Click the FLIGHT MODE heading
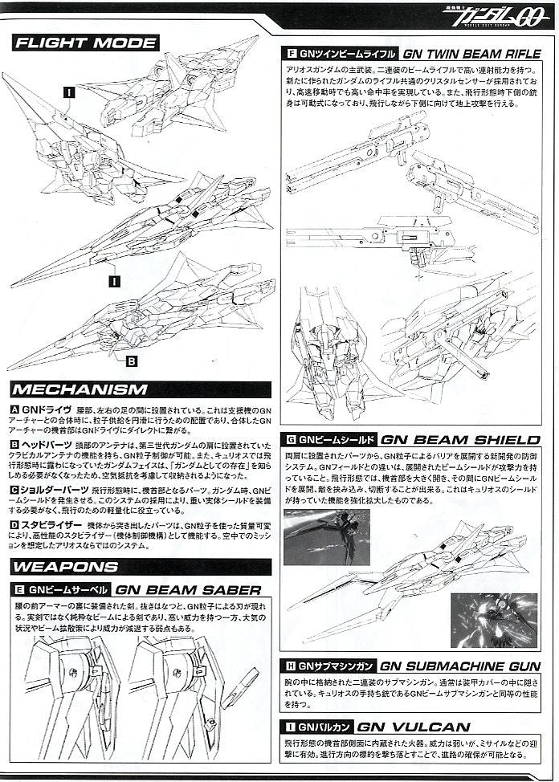click(x=85, y=43)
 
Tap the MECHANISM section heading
click(x=80, y=390)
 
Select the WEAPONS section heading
click(x=67, y=567)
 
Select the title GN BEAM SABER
click(x=189, y=589)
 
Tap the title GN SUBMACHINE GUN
click(x=460, y=666)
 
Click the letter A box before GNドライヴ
click(x=15, y=409)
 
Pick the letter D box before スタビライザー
click(x=15, y=524)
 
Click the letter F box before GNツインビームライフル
click(x=292, y=55)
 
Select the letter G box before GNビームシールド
click(x=292, y=440)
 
